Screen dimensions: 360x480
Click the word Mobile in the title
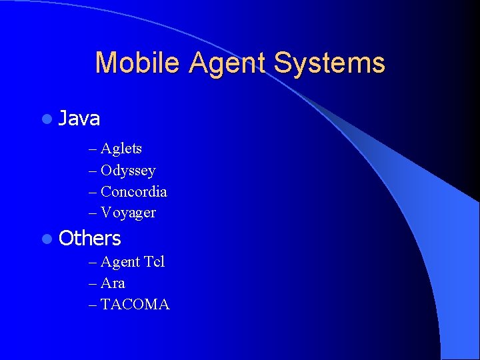point(137,63)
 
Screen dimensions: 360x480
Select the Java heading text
point(79,119)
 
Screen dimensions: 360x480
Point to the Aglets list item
point(121,149)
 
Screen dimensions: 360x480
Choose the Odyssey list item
point(128,171)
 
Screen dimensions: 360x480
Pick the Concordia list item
point(133,192)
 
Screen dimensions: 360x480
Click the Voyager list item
point(128,213)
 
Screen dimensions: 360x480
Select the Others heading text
point(90,238)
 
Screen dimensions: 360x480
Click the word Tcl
point(153,262)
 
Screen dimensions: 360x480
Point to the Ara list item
point(113,283)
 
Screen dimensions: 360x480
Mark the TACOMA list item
point(135,305)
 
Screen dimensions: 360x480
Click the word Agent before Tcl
point(120,263)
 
